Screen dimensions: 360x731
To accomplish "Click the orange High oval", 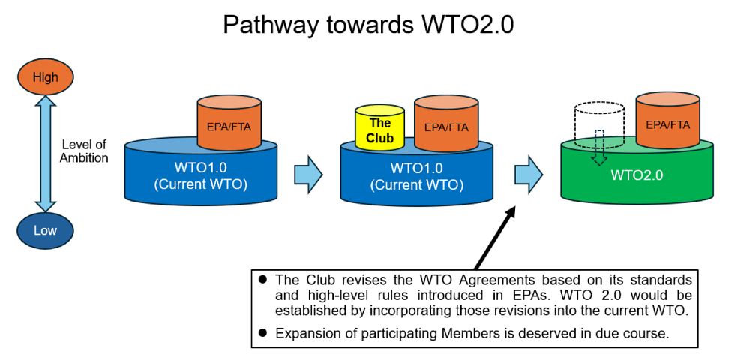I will pos(45,77).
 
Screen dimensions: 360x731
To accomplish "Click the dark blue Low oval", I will pos(45,230).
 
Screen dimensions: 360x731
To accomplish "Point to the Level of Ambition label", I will pos(84,152).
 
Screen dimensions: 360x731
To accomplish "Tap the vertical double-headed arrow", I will pos(46,154).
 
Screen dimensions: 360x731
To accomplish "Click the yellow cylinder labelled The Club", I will pos(379,129).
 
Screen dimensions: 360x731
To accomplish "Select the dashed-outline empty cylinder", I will pos(598,124).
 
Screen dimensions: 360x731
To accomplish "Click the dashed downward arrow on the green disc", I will pos(598,148).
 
